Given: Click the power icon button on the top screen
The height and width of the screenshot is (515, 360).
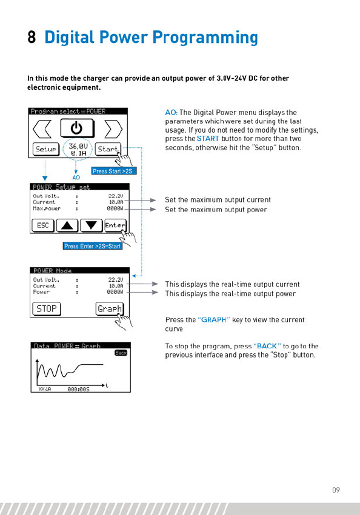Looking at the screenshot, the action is pos(77,128).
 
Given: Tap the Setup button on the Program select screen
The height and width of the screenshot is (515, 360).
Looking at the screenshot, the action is pos(45,149).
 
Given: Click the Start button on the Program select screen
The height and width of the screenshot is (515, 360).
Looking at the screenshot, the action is pos(108,149).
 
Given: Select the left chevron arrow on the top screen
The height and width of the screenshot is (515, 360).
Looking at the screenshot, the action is pos(42,128).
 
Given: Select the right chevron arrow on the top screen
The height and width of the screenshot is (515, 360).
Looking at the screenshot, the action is pos(113,128).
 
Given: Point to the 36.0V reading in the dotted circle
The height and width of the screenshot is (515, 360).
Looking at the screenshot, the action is pos(78,146).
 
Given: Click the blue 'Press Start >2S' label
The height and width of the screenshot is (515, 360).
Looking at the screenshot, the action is pos(114,171).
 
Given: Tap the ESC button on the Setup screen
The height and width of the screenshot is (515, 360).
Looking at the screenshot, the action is pos(43,225).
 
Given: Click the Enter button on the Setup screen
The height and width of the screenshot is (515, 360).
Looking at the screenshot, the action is pos(115,225).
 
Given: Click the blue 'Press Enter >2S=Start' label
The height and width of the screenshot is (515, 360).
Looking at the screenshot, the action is pos(92,246).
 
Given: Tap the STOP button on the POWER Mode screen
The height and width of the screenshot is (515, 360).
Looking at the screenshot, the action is pos(47,309).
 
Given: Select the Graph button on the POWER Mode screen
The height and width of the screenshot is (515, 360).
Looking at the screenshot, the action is pos(109,309).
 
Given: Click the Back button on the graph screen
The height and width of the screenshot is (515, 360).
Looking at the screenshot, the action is pos(121,353).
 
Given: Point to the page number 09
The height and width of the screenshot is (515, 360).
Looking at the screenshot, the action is pos(336,490).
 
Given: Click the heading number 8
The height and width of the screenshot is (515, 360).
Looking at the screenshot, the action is pos(32,37).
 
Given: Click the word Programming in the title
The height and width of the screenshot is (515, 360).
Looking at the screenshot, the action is pos(205,38).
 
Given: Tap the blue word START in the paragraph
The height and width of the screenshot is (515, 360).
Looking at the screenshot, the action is pos(208,139).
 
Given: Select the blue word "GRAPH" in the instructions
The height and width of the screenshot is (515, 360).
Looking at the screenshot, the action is pos(214,320).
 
